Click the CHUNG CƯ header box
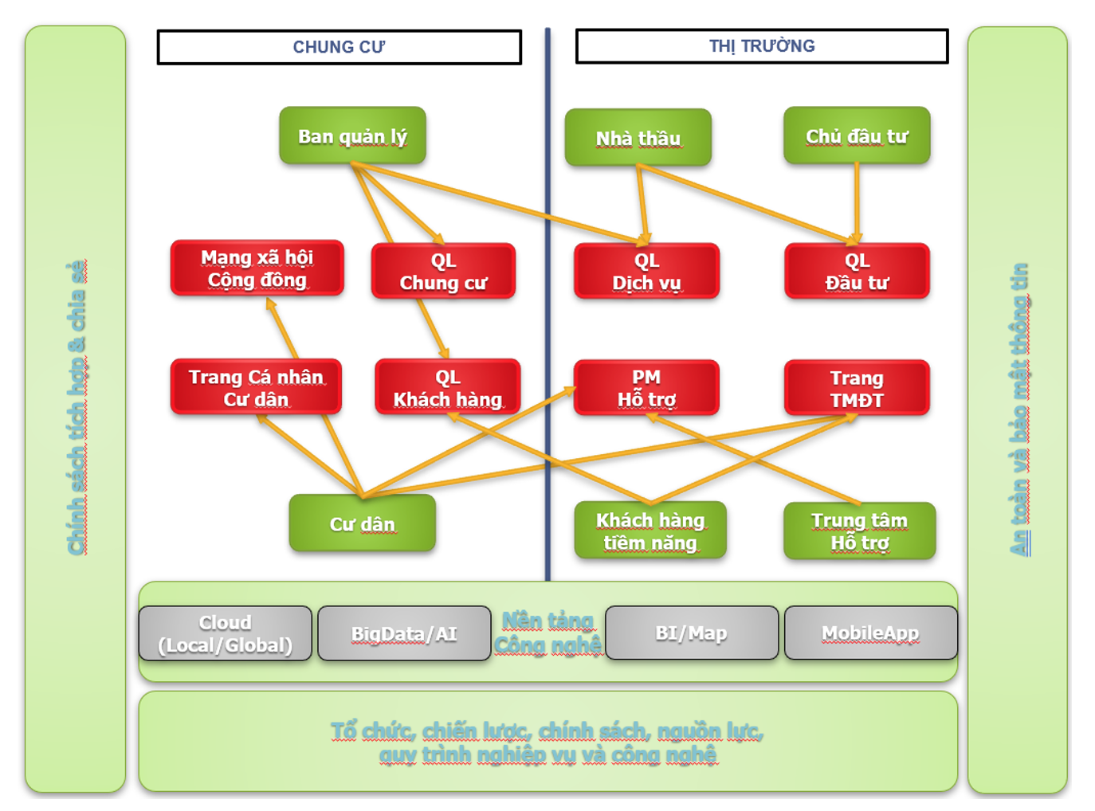pyautogui.click(x=339, y=47)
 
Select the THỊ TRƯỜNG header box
pyautogui.click(x=762, y=46)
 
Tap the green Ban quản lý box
pyautogui.click(x=352, y=136)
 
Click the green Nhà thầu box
pyautogui.click(x=638, y=138)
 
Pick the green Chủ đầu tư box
pyautogui.click(x=857, y=136)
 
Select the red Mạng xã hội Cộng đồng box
pyautogui.click(x=257, y=268)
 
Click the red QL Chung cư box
pyautogui.click(x=443, y=272)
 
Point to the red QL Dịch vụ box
pyautogui.click(x=646, y=272)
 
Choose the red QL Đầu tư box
pyautogui.click(x=857, y=272)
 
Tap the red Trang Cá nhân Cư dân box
pyautogui.click(x=256, y=387)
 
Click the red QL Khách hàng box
pyautogui.click(x=447, y=388)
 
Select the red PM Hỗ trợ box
pyautogui.click(x=646, y=388)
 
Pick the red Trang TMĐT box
pyautogui.click(x=857, y=388)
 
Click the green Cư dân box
pyautogui.click(x=363, y=523)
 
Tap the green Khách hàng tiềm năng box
pyautogui.click(x=650, y=531)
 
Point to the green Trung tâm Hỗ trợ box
pyautogui.click(x=859, y=531)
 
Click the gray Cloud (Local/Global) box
pyautogui.click(x=226, y=633)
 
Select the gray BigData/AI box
pyautogui.click(x=404, y=633)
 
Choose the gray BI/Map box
pyautogui.click(x=691, y=633)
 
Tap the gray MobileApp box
pyautogui.click(x=870, y=633)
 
